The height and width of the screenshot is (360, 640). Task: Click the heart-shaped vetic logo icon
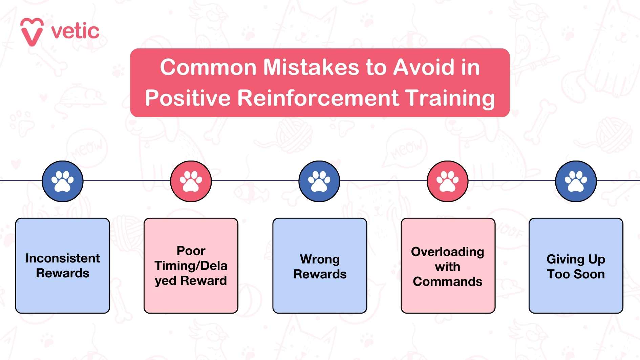(32, 31)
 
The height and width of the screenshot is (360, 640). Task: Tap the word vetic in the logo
(75, 31)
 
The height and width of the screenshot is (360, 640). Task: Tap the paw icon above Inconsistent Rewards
(63, 181)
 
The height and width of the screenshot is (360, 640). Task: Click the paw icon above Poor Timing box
(191, 181)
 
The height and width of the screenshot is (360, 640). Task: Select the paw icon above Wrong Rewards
(319, 181)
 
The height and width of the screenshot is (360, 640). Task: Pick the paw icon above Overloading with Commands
(448, 181)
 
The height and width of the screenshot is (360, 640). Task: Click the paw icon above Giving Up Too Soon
(576, 181)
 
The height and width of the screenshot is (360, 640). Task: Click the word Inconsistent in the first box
(63, 258)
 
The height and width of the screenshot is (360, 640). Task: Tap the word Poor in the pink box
(191, 251)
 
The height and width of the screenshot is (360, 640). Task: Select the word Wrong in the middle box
(320, 259)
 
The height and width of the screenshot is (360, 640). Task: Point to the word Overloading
(447, 252)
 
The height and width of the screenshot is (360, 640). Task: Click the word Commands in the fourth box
(447, 281)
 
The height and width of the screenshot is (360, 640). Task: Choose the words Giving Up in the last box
(576, 259)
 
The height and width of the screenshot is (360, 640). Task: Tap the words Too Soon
(576, 274)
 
